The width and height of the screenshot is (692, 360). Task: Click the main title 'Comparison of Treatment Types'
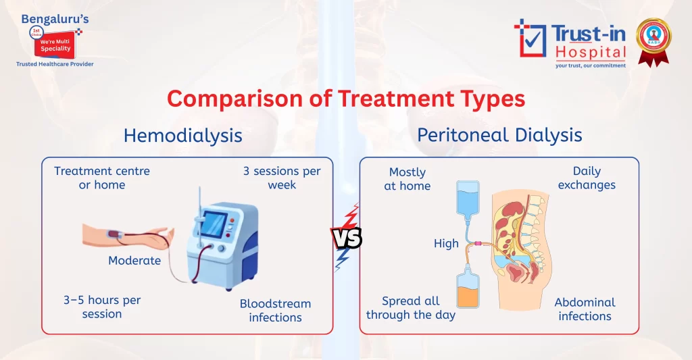click(346, 99)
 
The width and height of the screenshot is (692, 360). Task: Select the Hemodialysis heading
click(182, 135)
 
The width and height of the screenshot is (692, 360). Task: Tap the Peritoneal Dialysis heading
click(499, 135)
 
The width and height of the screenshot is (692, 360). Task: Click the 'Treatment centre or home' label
click(102, 178)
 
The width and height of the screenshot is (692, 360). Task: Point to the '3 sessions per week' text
click(282, 178)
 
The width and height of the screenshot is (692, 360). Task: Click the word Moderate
click(134, 261)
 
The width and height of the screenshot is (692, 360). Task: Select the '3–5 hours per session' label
click(102, 307)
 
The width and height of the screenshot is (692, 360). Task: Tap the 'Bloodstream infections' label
click(275, 311)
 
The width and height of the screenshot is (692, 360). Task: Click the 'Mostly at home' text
click(407, 179)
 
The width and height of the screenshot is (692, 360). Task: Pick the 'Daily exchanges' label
click(587, 178)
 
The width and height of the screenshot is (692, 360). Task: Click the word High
click(446, 244)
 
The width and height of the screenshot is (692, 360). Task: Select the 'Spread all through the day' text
click(411, 308)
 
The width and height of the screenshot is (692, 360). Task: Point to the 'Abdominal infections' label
click(585, 309)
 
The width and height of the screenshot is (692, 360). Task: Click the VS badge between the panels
click(346, 238)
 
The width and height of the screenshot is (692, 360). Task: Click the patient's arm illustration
click(128, 236)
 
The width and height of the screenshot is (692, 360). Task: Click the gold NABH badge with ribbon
click(653, 39)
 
